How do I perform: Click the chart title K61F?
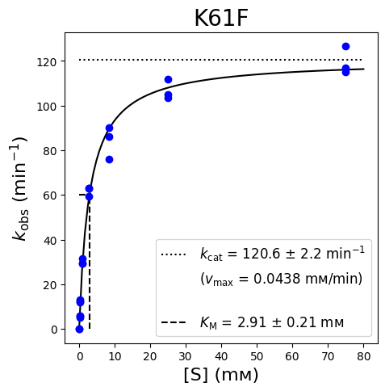pyautogui.click(x=221, y=19)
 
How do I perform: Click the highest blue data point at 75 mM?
pyautogui.click(x=345, y=47)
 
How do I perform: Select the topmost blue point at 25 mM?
pyautogui.click(x=168, y=79)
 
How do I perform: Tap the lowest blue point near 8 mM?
pyautogui.click(x=109, y=159)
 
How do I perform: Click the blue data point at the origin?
pyautogui.click(x=79, y=329)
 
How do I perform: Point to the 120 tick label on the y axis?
pyautogui.click(x=47, y=62)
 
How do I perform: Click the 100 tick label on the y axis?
pyautogui.click(x=47, y=107)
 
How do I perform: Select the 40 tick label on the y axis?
pyautogui.click(x=50, y=240)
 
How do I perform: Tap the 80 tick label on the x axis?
pyautogui.click(x=363, y=356)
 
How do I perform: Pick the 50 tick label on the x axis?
pyautogui.click(x=257, y=356)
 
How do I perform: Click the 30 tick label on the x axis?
pyautogui.click(x=186, y=356)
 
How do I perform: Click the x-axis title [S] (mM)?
pyautogui.click(x=221, y=375)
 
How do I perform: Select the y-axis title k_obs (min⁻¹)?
pyautogui.click(x=20, y=188)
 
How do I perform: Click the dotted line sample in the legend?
pyautogui.click(x=174, y=254)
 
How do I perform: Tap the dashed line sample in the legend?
pyautogui.click(x=174, y=322)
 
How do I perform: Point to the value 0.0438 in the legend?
pyautogui.click(x=277, y=279)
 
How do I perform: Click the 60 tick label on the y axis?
pyautogui.click(x=50, y=195)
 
